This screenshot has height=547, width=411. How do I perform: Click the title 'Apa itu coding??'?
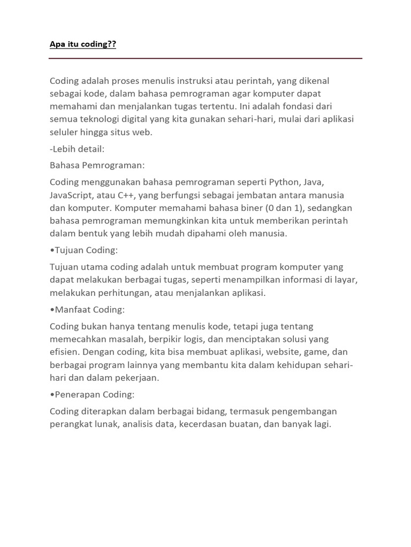coord(82,44)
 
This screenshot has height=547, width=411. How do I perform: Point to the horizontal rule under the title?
coord(205,58)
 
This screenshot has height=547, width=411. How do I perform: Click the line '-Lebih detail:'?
coord(77,149)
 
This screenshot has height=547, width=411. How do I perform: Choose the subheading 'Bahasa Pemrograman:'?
coord(97,165)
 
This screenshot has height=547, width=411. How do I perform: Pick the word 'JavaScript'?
coord(72,195)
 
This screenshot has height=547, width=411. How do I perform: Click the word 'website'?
coord(282,352)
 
